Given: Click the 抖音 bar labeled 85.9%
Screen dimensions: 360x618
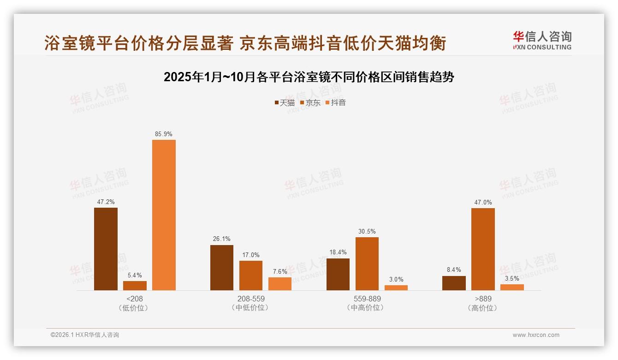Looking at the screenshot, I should [164, 215].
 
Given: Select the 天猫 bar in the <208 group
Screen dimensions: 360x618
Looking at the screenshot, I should [106, 249].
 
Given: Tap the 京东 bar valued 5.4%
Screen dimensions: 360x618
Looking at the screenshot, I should [135, 285].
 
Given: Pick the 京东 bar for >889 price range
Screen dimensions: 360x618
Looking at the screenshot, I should [483, 249].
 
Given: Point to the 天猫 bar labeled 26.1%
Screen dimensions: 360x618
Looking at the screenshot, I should [222, 267].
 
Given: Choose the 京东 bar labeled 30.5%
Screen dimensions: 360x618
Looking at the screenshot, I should [367, 264].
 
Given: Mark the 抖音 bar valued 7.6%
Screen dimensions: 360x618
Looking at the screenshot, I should [280, 283].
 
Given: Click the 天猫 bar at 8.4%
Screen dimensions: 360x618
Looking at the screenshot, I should [454, 283].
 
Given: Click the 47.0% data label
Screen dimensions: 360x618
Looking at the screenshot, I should [483, 202].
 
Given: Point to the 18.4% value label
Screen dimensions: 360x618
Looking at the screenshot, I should [338, 252].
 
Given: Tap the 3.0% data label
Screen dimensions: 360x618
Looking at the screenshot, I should [396, 279].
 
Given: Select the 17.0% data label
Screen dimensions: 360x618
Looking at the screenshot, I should [251, 255].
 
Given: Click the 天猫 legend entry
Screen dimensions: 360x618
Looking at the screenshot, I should [285, 103].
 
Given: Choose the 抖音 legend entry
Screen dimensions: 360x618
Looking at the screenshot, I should [336, 103].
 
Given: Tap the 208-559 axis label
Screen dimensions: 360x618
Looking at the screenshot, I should [251, 299].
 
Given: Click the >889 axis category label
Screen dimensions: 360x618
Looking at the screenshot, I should [483, 299].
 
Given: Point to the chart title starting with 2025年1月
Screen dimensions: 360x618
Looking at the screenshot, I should [309, 77].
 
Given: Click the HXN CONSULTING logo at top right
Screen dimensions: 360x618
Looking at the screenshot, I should [542, 41].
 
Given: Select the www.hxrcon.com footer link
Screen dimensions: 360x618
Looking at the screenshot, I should [536, 335].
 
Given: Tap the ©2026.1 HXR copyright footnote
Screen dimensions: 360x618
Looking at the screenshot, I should [85, 335].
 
